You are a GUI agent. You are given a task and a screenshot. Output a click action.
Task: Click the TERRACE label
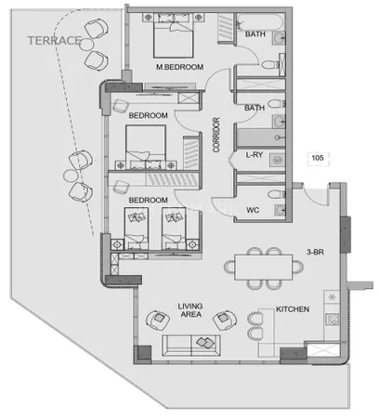tap(55, 41)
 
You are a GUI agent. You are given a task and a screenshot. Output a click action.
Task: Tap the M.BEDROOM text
tap(180, 67)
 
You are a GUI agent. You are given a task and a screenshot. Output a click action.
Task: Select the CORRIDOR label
tap(216, 135)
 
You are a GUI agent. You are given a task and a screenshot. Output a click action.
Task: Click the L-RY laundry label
tap(255, 155)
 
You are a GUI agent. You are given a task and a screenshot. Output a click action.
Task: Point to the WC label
tap(253, 210)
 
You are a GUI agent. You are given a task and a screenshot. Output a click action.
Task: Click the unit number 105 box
tap(318, 158)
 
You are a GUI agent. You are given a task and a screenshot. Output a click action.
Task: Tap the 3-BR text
tap(315, 252)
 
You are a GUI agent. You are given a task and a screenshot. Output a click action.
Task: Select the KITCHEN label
tap(293, 309)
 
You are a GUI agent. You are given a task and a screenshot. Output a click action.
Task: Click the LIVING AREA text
tap(190, 310)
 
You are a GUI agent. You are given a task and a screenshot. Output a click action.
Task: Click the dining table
tap(264, 268)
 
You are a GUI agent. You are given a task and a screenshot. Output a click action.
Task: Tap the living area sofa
tap(191, 346)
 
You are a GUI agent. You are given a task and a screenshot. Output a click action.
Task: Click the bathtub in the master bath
tap(260, 21)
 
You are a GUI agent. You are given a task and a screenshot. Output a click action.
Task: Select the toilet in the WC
tap(277, 194)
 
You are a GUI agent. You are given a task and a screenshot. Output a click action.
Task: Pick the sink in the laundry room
tap(277, 160)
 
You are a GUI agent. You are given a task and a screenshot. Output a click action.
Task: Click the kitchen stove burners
tap(333, 320)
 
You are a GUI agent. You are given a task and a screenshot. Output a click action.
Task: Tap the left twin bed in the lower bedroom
tap(137, 229)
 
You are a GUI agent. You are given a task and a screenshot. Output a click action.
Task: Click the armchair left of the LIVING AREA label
tap(158, 320)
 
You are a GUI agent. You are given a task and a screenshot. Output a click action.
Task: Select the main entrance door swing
tap(315, 195)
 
